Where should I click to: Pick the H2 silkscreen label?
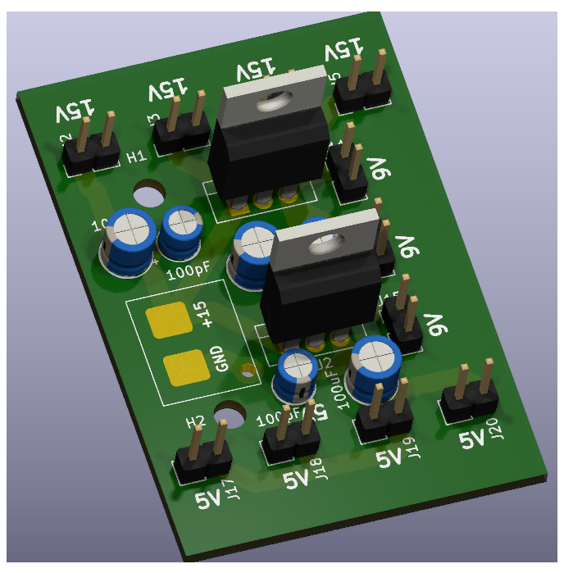195,422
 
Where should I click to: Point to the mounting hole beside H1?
149,194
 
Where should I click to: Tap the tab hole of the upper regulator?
270,102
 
